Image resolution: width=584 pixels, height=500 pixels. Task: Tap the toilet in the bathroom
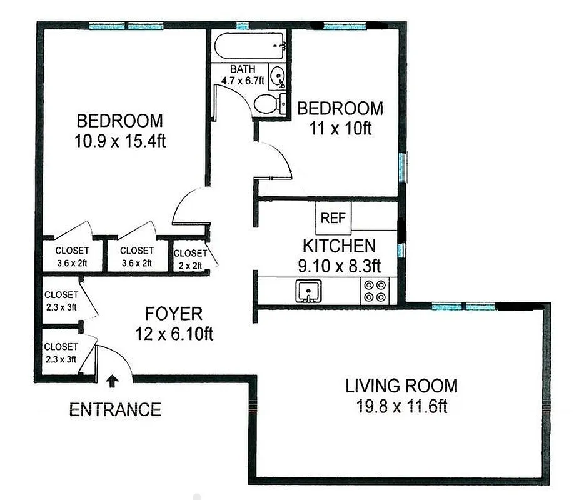coord(268,104)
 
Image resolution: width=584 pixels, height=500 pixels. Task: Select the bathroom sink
coord(276,77)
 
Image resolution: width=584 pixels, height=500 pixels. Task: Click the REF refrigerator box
coord(333,219)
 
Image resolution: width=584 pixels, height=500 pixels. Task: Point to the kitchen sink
coord(308,291)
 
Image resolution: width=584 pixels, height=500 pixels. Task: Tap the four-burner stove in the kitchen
coord(375,291)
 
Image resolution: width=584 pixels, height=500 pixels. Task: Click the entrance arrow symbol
coord(113,380)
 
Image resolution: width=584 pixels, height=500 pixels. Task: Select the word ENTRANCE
coord(114,410)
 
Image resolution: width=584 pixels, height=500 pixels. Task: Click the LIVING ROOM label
coord(401,386)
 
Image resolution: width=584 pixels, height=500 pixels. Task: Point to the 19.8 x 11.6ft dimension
coord(401,407)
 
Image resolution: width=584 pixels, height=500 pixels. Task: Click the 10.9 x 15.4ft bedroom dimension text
coord(119,141)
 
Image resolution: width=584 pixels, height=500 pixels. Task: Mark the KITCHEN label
coord(339,246)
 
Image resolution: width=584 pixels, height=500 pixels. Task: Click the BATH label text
coord(242,69)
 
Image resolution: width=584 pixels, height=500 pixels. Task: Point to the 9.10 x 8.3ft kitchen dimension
coord(340,266)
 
